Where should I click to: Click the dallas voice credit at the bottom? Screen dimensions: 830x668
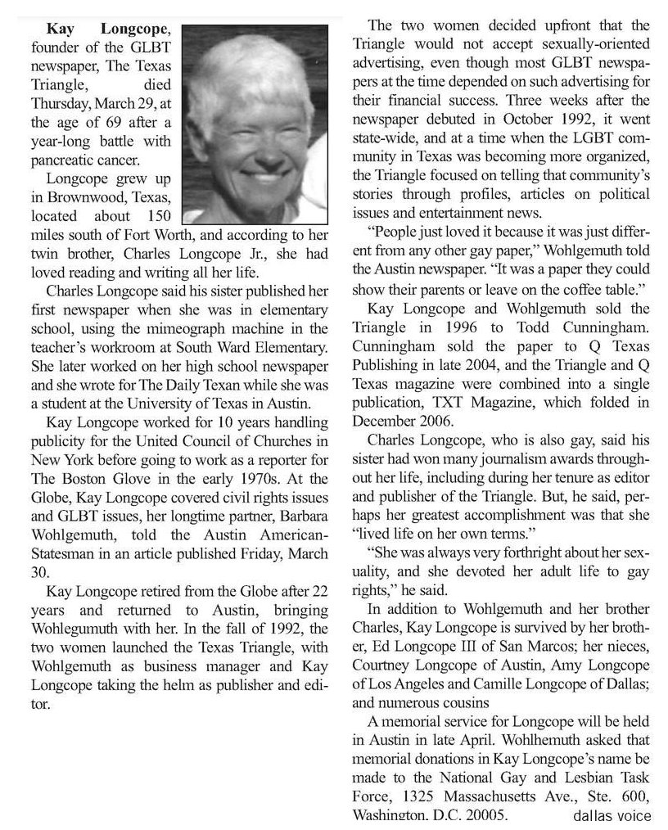click(x=612, y=815)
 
